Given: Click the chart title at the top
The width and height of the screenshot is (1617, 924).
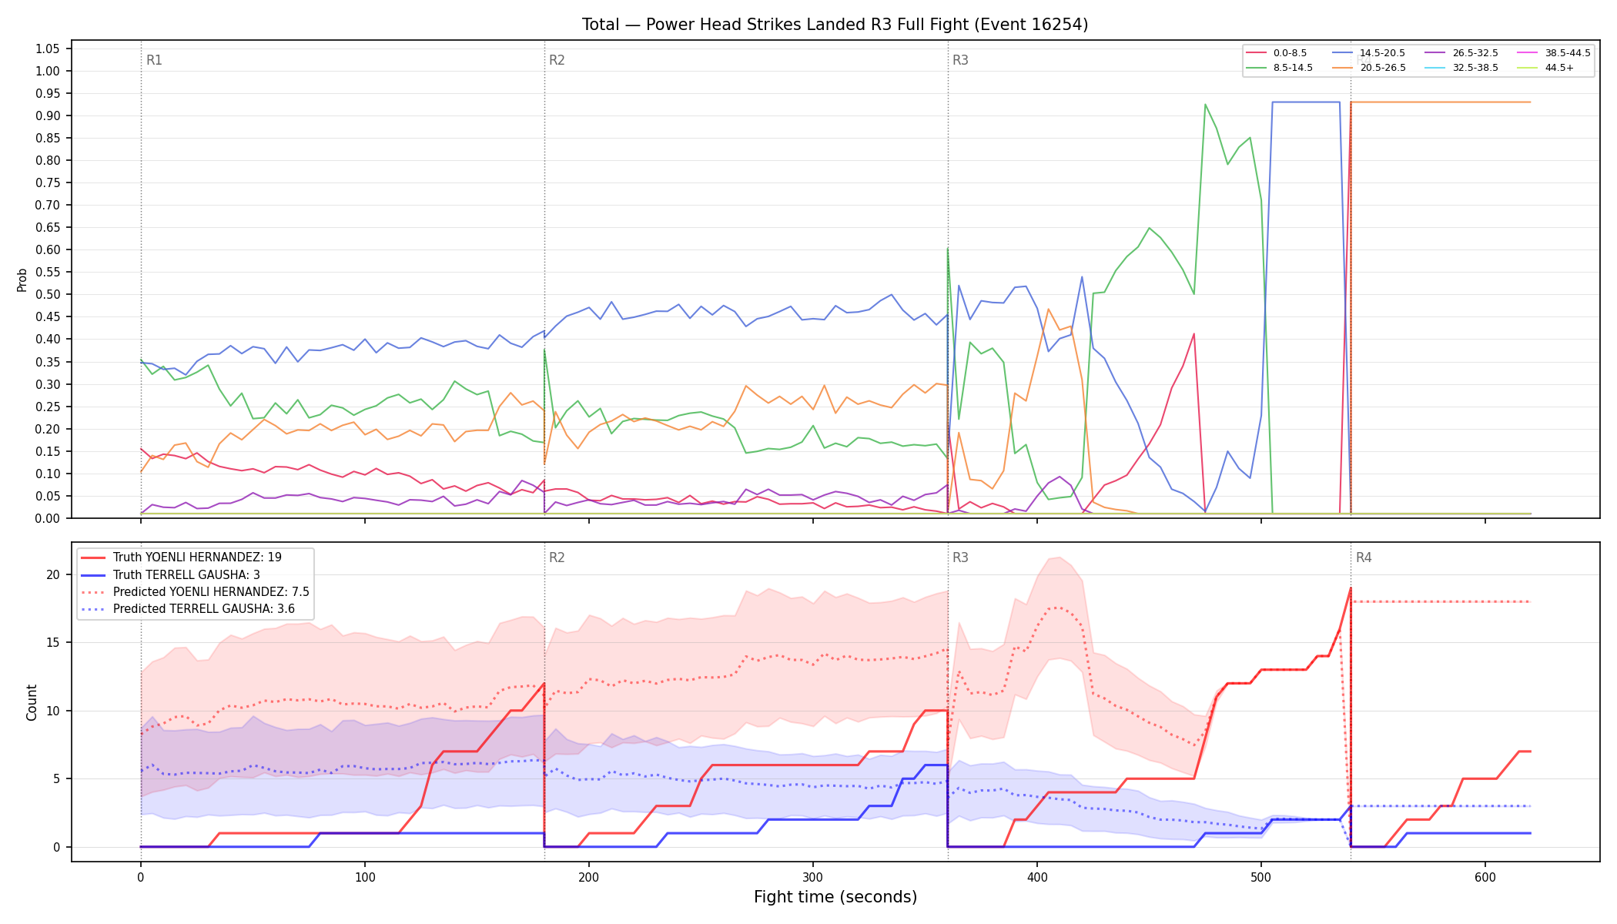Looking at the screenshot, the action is tap(835, 25).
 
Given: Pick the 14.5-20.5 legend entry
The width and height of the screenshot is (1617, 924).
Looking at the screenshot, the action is tap(1369, 53).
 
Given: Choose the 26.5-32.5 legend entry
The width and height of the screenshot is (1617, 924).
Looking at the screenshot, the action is tap(1461, 53).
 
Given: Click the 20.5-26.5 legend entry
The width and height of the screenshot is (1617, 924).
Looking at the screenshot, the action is tap(1369, 68).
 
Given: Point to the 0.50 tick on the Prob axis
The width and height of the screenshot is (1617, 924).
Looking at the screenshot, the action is tap(47, 295).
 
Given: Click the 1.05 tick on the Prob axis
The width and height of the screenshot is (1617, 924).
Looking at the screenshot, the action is tap(47, 49).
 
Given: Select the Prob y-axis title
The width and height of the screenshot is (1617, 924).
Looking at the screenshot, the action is tap(22, 280).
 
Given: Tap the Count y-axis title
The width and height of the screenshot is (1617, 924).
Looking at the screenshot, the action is tap(32, 702).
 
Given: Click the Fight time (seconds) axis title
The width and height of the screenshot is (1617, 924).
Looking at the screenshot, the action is tap(835, 897).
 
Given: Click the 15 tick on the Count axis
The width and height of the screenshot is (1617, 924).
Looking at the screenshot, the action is tap(53, 643).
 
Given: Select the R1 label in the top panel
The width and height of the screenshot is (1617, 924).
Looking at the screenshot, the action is tap(154, 60).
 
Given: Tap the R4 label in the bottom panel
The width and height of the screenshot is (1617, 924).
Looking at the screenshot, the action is tap(1364, 557).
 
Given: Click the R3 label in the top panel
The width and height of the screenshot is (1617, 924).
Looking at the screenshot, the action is tap(960, 60).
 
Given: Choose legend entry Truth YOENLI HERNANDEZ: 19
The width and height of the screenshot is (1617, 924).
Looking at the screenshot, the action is tap(197, 557).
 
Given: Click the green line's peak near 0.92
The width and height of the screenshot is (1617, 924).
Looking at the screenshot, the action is tap(1205, 105).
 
